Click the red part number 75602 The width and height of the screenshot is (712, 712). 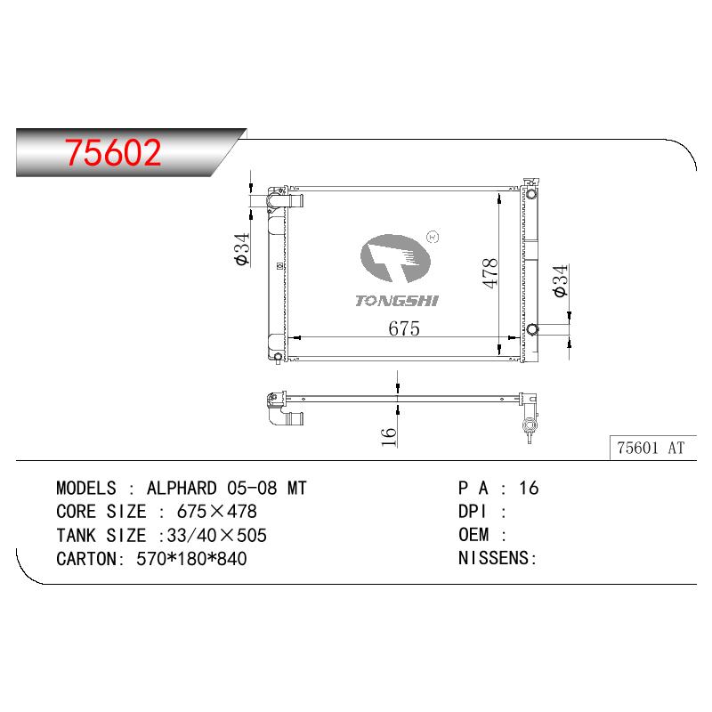coord(113,152)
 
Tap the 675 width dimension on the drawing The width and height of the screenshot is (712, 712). coord(404,328)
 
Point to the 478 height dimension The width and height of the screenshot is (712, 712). coord(490,273)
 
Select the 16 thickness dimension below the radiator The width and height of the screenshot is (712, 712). coord(389,437)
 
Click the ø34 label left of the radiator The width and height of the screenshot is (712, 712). coord(242,249)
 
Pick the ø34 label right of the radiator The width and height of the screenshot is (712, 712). coord(561,280)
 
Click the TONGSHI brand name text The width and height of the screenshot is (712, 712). coord(397,301)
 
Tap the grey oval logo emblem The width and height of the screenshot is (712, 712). coord(395,258)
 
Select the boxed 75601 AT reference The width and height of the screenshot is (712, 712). coord(651,448)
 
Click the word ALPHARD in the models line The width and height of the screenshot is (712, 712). coord(182,488)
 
